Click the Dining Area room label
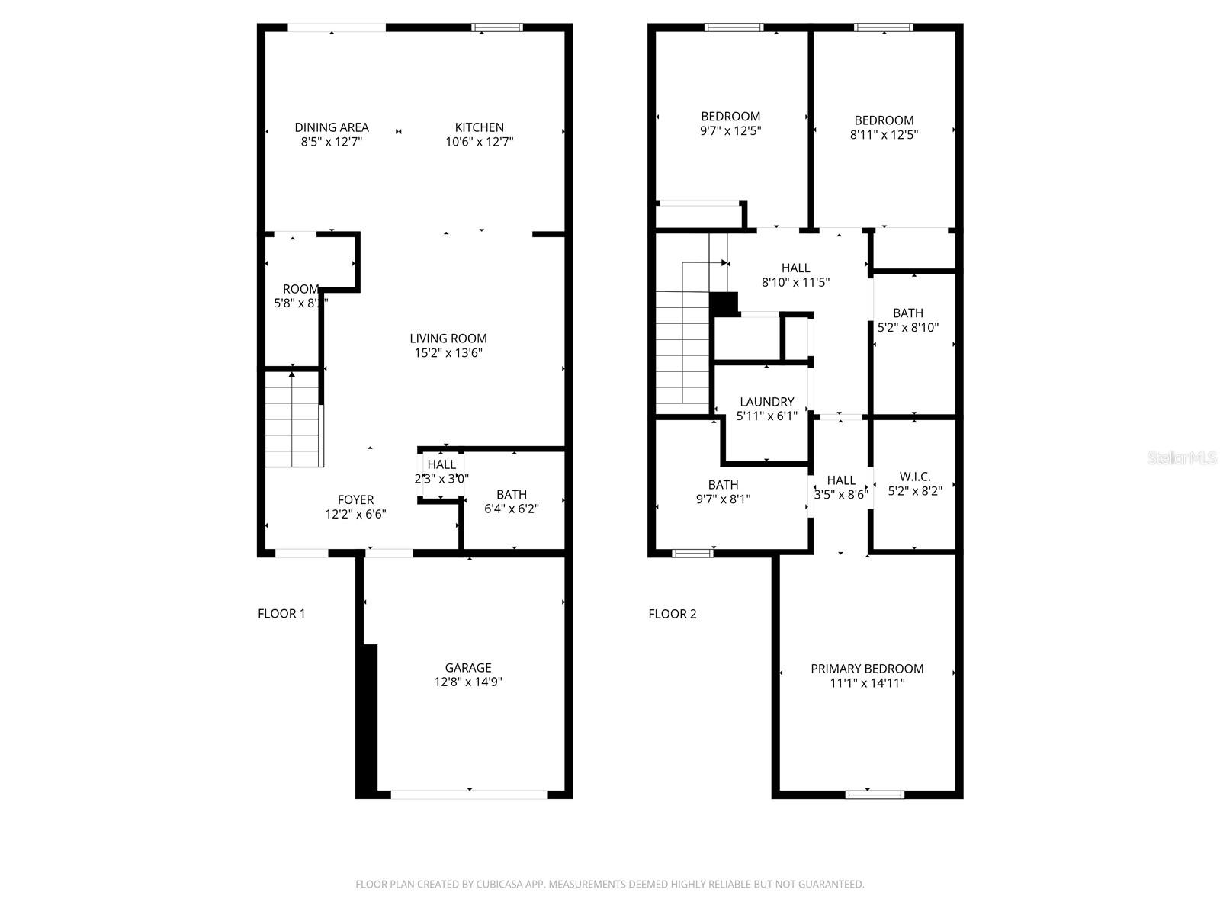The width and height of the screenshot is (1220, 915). (x=332, y=127)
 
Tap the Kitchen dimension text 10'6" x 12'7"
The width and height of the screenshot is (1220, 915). (x=480, y=142)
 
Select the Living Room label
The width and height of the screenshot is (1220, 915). (x=448, y=339)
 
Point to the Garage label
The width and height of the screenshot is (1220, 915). (x=468, y=668)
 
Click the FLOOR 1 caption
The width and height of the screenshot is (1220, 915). (x=281, y=614)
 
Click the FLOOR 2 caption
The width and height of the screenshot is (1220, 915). (x=672, y=614)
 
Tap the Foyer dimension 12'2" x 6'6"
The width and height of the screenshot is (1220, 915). (x=355, y=515)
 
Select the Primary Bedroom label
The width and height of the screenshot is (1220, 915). (x=867, y=669)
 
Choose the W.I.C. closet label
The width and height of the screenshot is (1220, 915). (x=914, y=477)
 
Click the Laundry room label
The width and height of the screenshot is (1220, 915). (x=766, y=402)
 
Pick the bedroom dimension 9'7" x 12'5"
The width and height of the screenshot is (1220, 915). (x=730, y=131)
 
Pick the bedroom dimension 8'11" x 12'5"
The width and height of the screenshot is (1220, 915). (x=884, y=135)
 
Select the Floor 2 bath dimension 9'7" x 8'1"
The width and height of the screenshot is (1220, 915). (x=723, y=499)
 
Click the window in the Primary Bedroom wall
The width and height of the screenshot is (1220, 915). (x=875, y=795)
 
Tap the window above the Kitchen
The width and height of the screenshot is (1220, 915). (x=496, y=28)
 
